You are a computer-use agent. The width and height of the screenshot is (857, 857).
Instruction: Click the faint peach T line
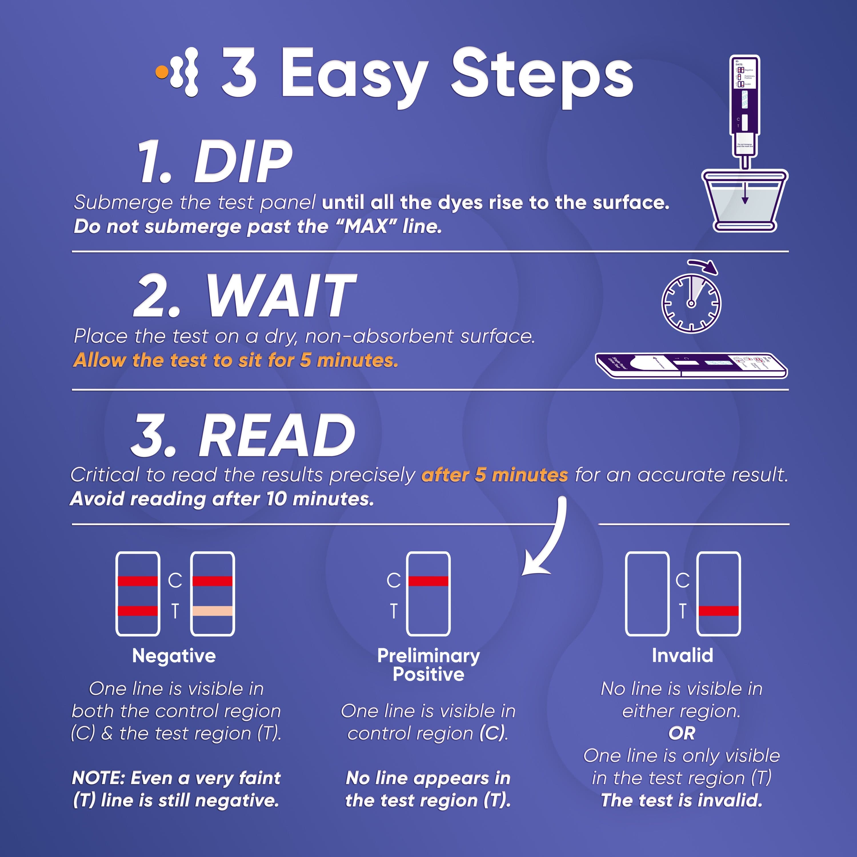[x=213, y=611]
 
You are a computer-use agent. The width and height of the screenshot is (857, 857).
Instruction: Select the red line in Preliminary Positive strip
[x=428, y=581]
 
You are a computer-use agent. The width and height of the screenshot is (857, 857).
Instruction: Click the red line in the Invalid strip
[x=719, y=611]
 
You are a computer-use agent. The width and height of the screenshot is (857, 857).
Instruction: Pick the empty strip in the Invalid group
[x=647, y=594]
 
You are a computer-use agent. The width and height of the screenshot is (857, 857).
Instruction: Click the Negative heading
[x=174, y=656]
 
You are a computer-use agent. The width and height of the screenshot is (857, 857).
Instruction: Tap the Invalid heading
[x=682, y=656]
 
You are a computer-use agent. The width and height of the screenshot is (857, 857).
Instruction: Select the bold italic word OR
[x=682, y=733]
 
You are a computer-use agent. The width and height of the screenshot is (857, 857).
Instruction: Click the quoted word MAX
[x=367, y=227]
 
